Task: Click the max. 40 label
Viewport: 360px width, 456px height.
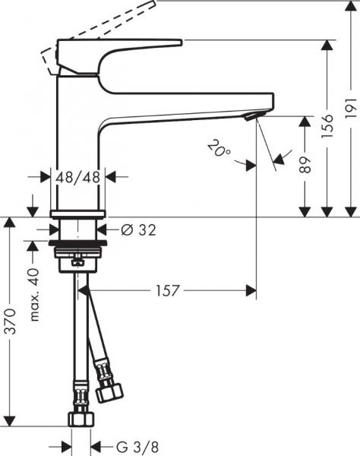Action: tap(34, 296)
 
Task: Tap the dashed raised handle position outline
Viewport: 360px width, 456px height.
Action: tap(76, 38)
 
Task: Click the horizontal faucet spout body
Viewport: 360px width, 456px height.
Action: tap(190, 106)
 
